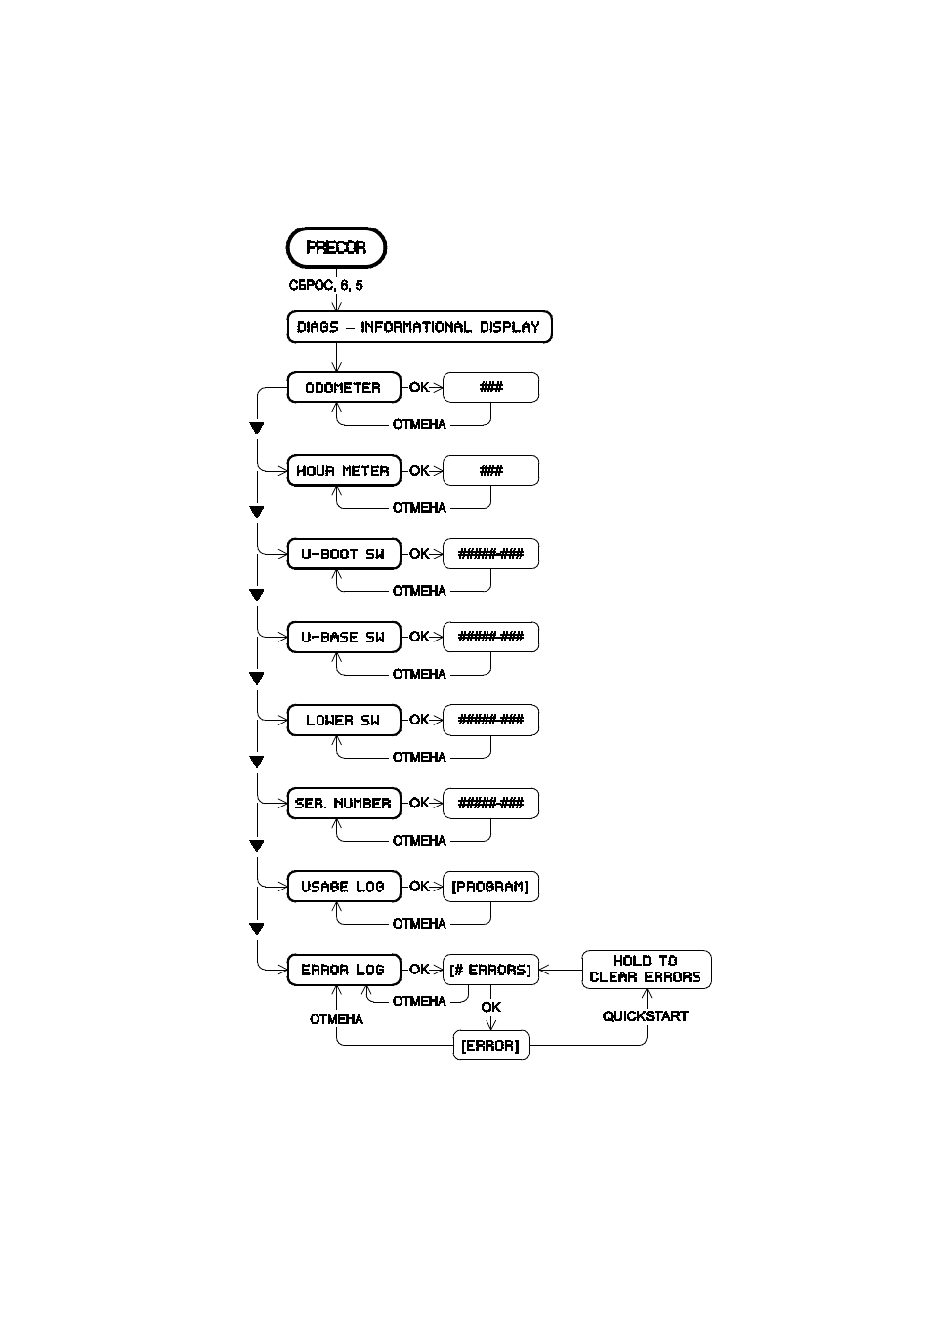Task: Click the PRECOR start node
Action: click(336, 247)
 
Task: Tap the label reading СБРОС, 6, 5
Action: click(326, 285)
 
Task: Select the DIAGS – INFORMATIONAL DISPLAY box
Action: click(419, 327)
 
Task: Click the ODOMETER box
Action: click(344, 388)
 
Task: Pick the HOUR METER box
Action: click(344, 471)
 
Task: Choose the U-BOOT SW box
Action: click(344, 554)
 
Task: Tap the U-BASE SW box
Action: click(344, 638)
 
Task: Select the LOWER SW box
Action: click(344, 720)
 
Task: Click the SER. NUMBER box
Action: click(344, 804)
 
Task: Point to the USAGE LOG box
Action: click(344, 887)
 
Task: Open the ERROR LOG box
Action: click(344, 970)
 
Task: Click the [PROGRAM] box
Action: click(490, 887)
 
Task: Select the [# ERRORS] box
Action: click(490, 970)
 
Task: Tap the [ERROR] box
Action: click(490, 1046)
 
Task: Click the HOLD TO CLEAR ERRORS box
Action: click(647, 970)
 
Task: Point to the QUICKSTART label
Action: click(645, 1016)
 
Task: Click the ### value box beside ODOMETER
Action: click(490, 388)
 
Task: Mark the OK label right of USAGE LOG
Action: click(419, 886)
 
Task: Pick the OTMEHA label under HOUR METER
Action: click(419, 508)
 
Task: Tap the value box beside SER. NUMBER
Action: click(490, 804)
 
